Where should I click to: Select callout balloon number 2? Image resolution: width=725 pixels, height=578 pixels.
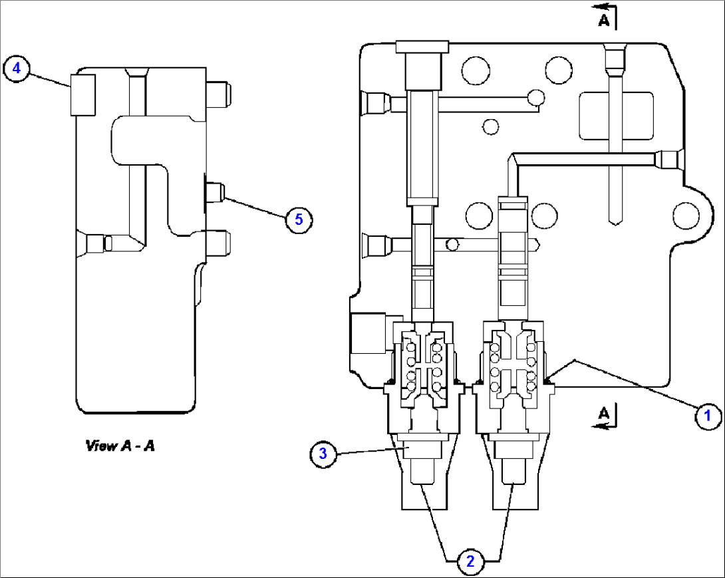pyautogui.click(x=470, y=561)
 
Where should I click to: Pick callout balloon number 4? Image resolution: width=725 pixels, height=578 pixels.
pyautogui.click(x=17, y=69)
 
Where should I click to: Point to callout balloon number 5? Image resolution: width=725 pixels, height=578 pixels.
pyautogui.click(x=299, y=219)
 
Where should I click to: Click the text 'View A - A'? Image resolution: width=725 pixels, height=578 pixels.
pyautogui.click(x=120, y=446)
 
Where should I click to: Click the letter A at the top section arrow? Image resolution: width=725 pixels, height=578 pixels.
pyautogui.click(x=603, y=21)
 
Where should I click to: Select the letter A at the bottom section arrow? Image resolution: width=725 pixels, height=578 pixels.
pyautogui.click(x=603, y=414)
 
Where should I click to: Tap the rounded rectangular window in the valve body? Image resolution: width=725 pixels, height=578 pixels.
pyautogui.click(x=616, y=116)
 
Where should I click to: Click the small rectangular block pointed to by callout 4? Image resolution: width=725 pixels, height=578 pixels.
pyautogui.click(x=84, y=94)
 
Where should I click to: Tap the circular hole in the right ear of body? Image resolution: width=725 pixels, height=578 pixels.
pyautogui.click(x=685, y=215)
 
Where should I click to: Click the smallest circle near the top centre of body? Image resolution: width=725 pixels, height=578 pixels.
pyautogui.click(x=491, y=126)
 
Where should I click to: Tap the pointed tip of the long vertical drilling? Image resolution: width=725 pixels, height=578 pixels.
pyautogui.click(x=615, y=219)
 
